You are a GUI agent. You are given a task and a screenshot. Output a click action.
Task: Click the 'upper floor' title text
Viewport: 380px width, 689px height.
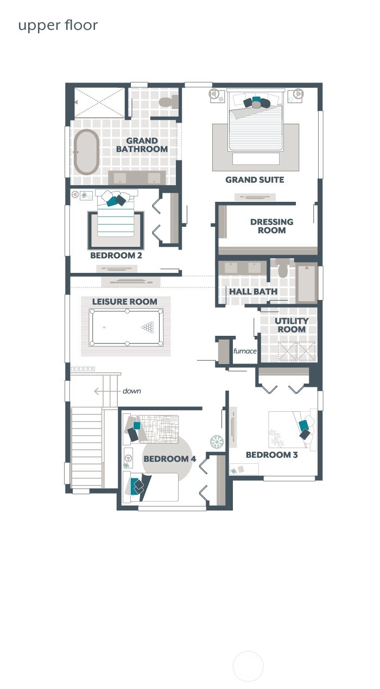coord(58,25)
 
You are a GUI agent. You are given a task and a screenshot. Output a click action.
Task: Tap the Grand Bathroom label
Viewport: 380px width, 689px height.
coord(142,145)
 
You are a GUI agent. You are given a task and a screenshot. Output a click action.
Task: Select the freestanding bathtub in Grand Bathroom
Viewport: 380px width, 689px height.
coord(86,152)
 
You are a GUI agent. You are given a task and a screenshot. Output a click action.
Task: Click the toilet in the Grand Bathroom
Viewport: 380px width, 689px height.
coord(168,101)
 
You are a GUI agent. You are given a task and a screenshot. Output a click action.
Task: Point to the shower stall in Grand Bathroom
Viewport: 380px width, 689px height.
coord(99,102)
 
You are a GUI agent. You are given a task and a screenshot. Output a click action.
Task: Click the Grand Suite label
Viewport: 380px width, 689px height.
coord(255,180)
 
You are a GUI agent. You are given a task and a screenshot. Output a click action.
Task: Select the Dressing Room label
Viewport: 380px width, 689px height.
coord(271,226)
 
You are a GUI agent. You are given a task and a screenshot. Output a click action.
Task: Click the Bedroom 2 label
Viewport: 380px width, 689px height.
coord(116,255)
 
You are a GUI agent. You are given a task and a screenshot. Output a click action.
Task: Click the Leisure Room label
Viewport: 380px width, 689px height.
coord(124,302)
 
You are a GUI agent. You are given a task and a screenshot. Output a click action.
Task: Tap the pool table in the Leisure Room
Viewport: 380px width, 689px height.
coord(126,327)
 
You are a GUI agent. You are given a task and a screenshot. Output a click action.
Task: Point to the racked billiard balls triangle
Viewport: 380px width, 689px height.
coord(148,327)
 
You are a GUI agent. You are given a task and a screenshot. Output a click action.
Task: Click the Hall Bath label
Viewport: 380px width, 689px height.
coord(253,291)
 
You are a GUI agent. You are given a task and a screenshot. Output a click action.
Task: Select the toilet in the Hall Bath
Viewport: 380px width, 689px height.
coord(283,268)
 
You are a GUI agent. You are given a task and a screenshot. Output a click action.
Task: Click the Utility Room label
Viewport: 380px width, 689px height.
coord(292,326)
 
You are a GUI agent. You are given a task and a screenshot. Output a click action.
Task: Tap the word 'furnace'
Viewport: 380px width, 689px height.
coord(245,351)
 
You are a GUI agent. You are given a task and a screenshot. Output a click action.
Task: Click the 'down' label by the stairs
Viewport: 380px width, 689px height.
coord(131,391)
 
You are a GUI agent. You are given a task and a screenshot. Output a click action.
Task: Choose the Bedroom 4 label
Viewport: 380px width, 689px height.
coord(169,459)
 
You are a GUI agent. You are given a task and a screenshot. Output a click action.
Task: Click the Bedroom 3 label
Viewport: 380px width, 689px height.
coord(271,455)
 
